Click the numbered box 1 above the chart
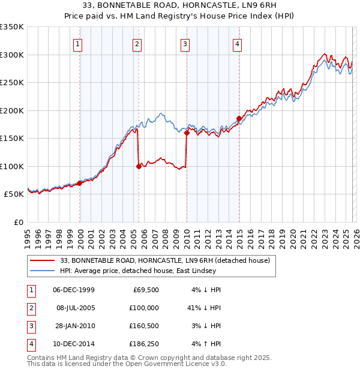[x=79, y=43]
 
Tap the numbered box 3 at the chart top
[x=185, y=43]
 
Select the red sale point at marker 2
[x=139, y=166]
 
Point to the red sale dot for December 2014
[x=239, y=118]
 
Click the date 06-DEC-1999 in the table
[x=74, y=290]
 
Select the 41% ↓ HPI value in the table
[x=204, y=308]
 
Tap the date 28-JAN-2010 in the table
[x=74, y=326]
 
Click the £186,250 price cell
[x=143, y=344]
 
